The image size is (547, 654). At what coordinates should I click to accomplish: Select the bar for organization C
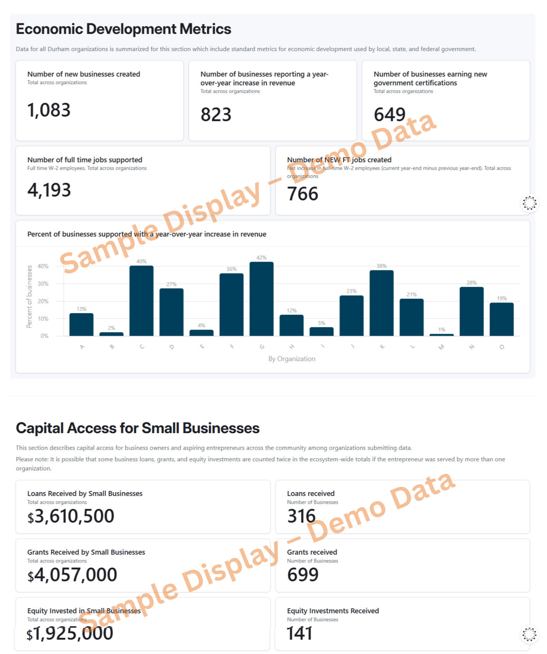(x=141, y=301)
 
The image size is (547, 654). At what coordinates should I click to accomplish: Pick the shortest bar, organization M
(x=441, y=335)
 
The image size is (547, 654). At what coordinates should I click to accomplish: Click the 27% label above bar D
(x=171, y=284)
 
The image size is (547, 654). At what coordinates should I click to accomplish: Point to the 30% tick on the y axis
(x=43, y=284)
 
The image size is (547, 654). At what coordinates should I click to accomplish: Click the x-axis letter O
(x=502, y=347)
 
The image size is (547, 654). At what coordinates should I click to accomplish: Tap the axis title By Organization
(x=292, y=359)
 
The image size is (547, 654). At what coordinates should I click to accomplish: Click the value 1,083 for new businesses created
(x=49, y=110)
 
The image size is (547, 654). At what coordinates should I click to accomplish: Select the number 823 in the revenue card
(x=216, y=115)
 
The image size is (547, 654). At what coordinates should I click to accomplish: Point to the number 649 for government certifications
(x=389, y=115)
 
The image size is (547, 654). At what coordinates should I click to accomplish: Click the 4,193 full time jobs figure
(x=49, y=190)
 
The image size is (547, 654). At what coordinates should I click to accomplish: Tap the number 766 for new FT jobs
(x=303, y=194)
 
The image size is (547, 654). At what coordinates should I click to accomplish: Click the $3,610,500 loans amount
(x=71, y=516)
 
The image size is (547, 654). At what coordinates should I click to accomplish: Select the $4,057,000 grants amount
(x=72, y=575)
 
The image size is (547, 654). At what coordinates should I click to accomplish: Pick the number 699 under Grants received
(x=303, y=575)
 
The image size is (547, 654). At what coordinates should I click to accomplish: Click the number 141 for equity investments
(x=300, y=633)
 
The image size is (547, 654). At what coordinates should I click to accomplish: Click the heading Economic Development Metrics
(x=124, y=29)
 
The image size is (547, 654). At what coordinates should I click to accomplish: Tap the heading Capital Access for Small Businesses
(x=138, y=428)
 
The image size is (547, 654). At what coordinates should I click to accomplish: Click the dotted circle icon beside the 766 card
(x=530, y=203)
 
